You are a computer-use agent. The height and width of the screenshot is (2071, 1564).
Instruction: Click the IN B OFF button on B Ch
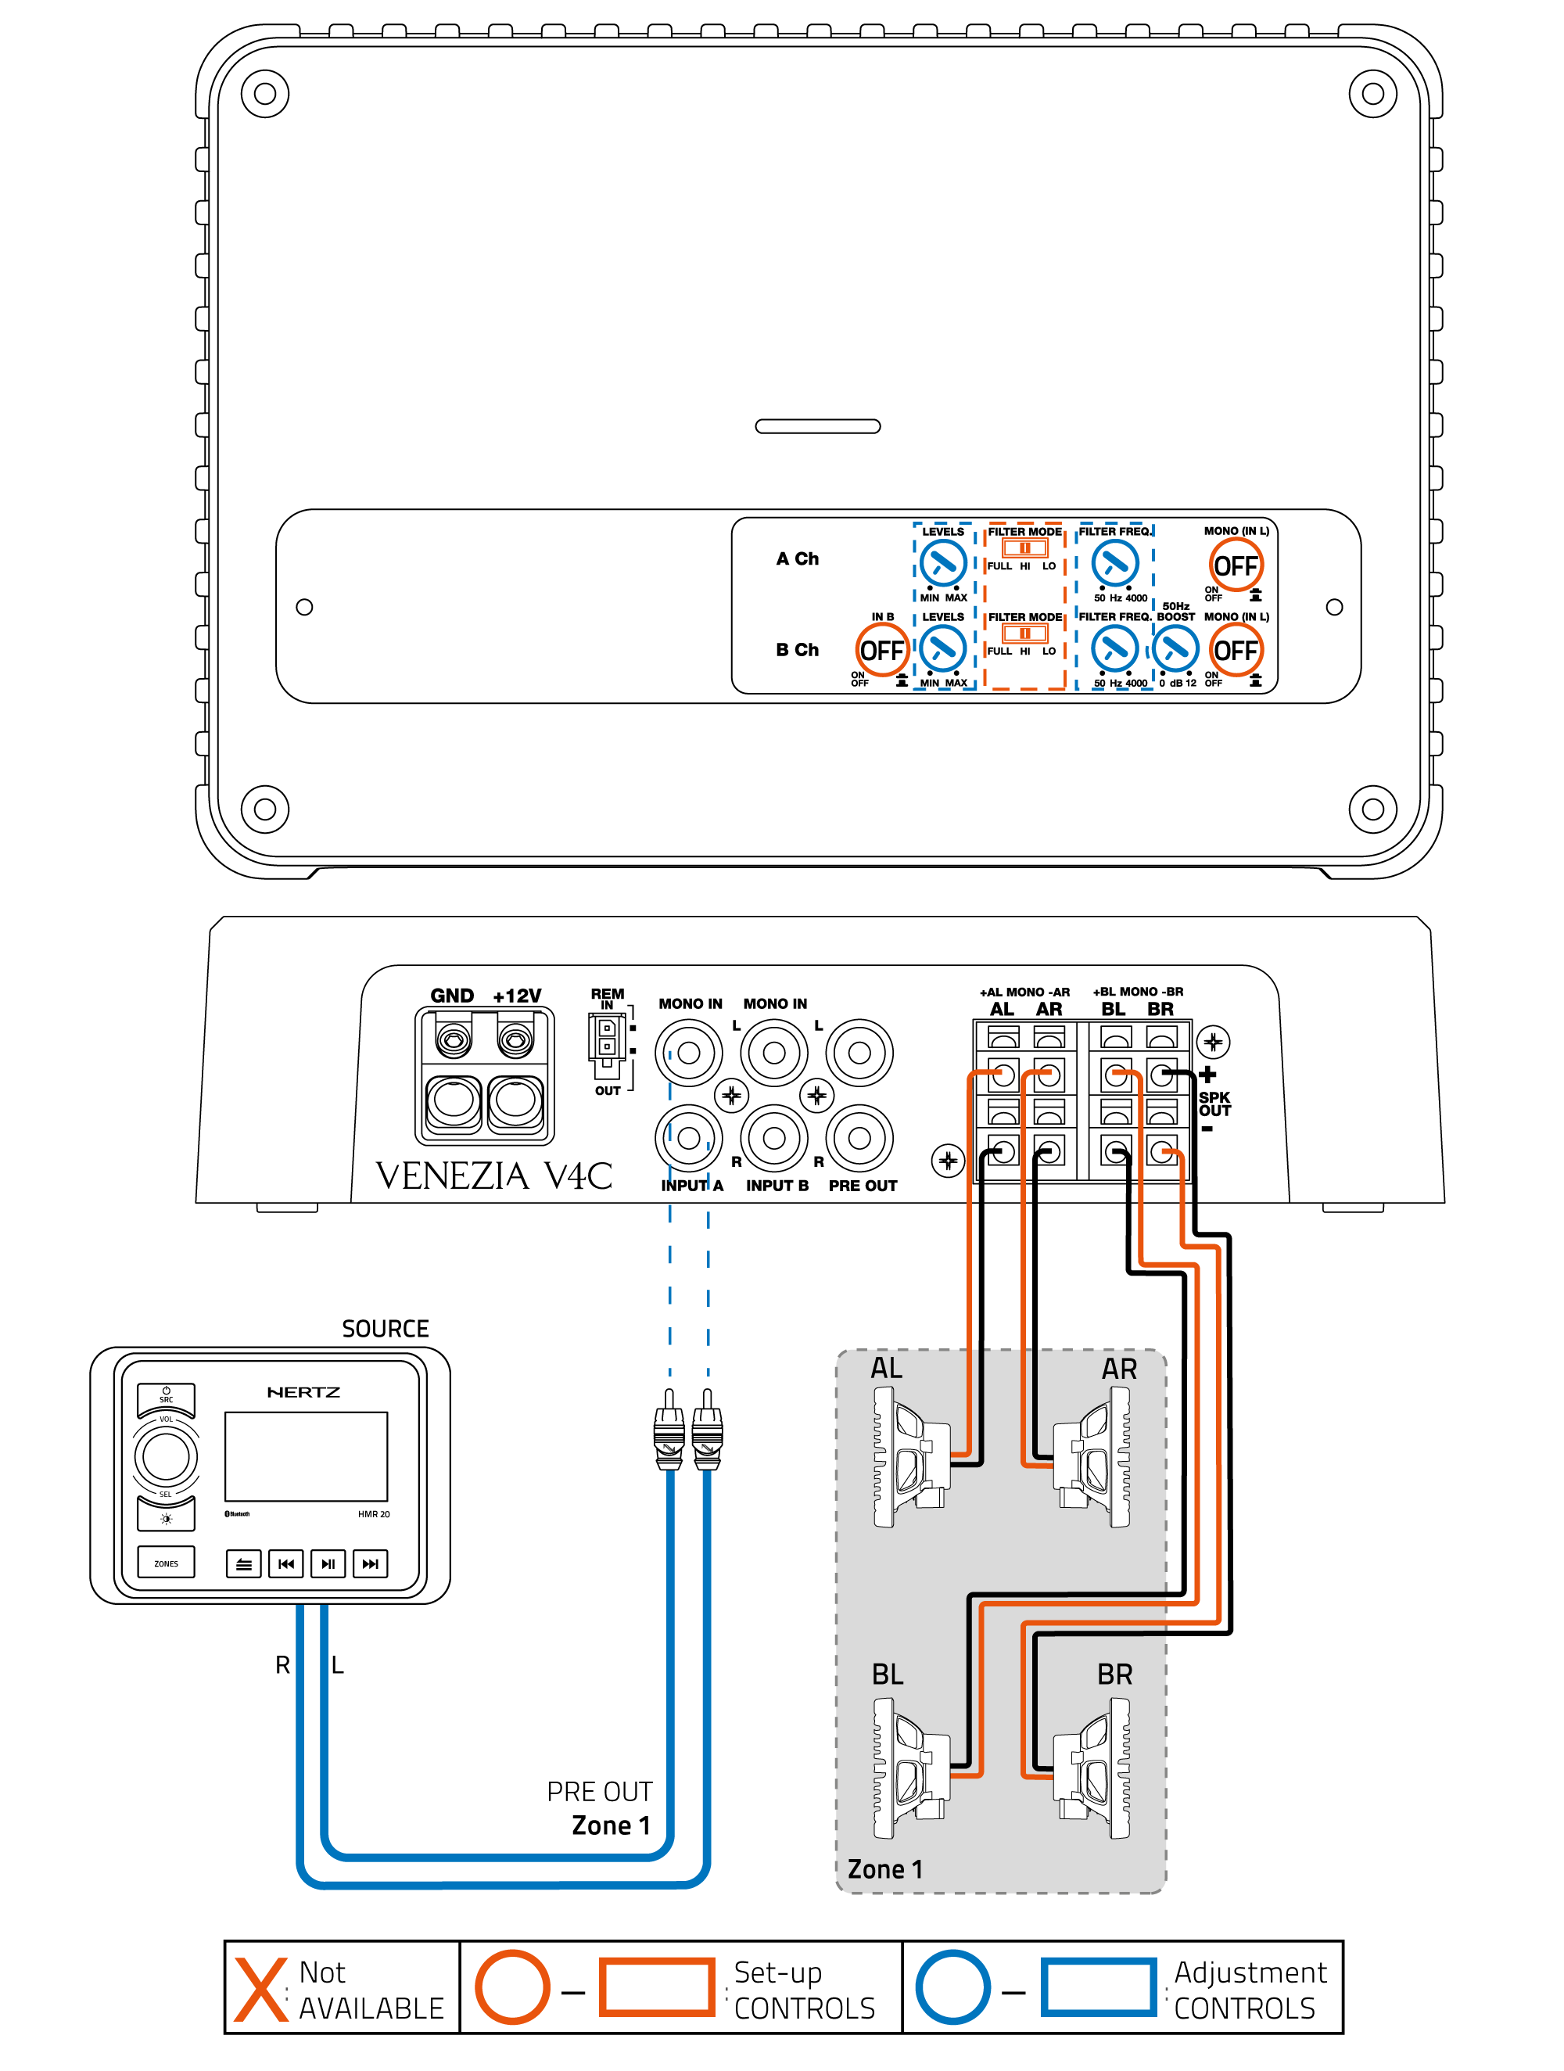click(881, 649)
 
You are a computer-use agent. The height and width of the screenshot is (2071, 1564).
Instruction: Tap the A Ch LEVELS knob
click(942, 564)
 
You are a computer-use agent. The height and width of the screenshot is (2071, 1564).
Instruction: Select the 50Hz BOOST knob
click(1175, 648)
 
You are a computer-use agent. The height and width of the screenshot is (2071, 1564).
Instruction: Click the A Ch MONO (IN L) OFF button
click(1236, 565)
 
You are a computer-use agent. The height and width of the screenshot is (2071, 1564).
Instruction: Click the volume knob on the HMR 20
click(166, 1456)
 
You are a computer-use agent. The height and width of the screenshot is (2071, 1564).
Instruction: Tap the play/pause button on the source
click(328, 1563)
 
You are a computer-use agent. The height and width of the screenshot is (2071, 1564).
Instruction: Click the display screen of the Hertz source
click(305, 1457)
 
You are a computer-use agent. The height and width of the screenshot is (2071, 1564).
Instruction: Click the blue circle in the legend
click(952, 1987)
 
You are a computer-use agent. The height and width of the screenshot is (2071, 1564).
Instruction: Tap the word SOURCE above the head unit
click(385, 1329)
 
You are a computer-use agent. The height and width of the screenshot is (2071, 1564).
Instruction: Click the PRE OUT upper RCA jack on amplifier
click(859, 1053)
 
